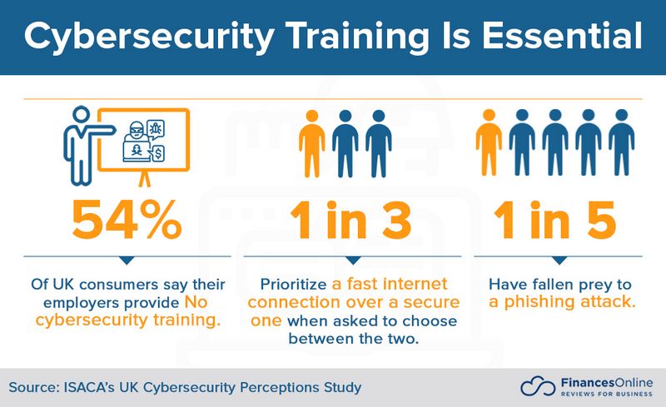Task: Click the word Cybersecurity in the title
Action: [x=149, y=37]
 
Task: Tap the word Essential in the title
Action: [x=562, y=36]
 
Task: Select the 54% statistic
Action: [x=127, y=220]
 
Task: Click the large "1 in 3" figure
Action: [x=351, y=220]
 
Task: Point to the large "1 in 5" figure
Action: [x=554, y=220]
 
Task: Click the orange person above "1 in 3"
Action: [x=312, y=143]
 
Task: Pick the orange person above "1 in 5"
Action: [x=489, y=142]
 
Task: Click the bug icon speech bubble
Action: [x=155, y=129]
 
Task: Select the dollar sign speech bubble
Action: [x=157, y=153]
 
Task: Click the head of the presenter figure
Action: [x=81, y=115]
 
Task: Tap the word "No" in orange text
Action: [x=196, y=302]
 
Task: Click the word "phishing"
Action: [x=539, y=301]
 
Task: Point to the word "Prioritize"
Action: [x=294, y=284]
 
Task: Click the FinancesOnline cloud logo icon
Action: [x=538, y=386]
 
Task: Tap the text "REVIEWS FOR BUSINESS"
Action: [x=607, y=395]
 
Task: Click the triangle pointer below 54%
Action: [x=127, y=261]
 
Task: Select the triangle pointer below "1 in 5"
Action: [x=559, y=261]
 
